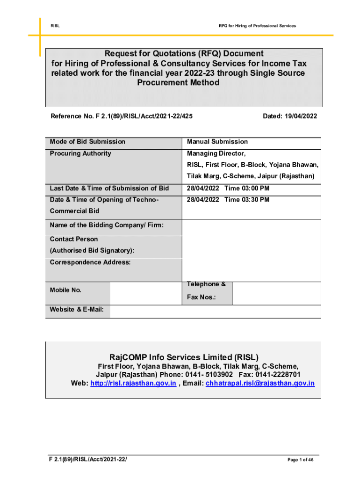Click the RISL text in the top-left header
(55, 25)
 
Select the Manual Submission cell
(217, 142)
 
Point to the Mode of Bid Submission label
(87, 142)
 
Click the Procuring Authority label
(80, 153)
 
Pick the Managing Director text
(216, 153)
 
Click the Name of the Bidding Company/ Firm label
(107, 225)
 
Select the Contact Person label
(74, 239)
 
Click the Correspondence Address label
(90, 262)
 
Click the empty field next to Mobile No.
(145, 293)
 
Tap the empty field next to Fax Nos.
(276, 293)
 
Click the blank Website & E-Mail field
(215, 312)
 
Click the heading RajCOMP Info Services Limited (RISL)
(184, 358)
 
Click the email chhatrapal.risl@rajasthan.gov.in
(260, 384)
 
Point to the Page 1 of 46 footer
(300, 460)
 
